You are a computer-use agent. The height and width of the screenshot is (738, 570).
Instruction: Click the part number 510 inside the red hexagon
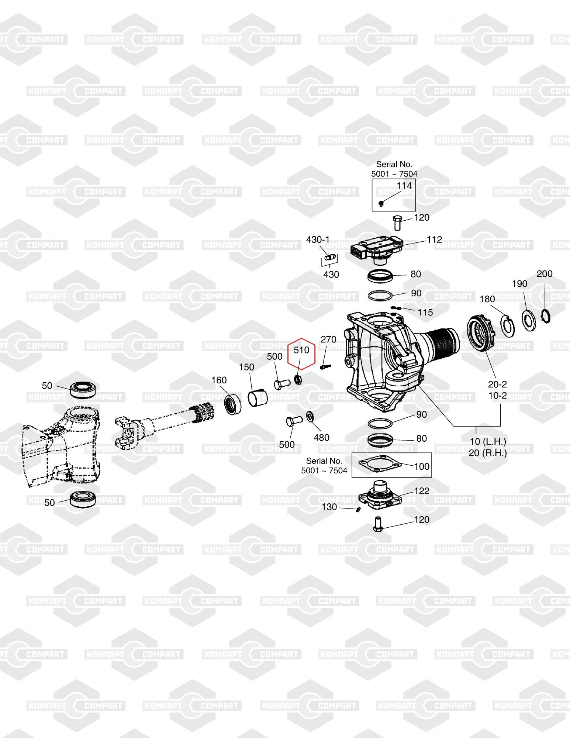pos(301,350)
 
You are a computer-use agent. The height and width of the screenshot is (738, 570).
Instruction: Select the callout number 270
pos(328,339)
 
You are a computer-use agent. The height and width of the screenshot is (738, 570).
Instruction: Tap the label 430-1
pos(318,239)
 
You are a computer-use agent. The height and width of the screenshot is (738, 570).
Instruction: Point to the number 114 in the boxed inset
pos(404,186)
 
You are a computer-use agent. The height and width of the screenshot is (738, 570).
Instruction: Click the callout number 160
pos(219,380)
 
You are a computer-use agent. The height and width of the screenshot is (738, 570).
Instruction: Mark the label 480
pos(321,438)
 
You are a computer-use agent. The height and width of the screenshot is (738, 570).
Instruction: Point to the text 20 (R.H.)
pos(487,453)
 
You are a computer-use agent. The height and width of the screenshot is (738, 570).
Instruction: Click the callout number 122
pos(422,491)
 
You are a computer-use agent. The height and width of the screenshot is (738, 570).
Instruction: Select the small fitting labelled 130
pos(357,510)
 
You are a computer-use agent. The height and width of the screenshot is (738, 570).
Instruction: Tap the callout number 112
pos(434,239)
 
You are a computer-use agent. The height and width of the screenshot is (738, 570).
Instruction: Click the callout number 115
pos(425,312)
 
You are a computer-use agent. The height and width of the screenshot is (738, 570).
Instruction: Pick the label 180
pos(487,299)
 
